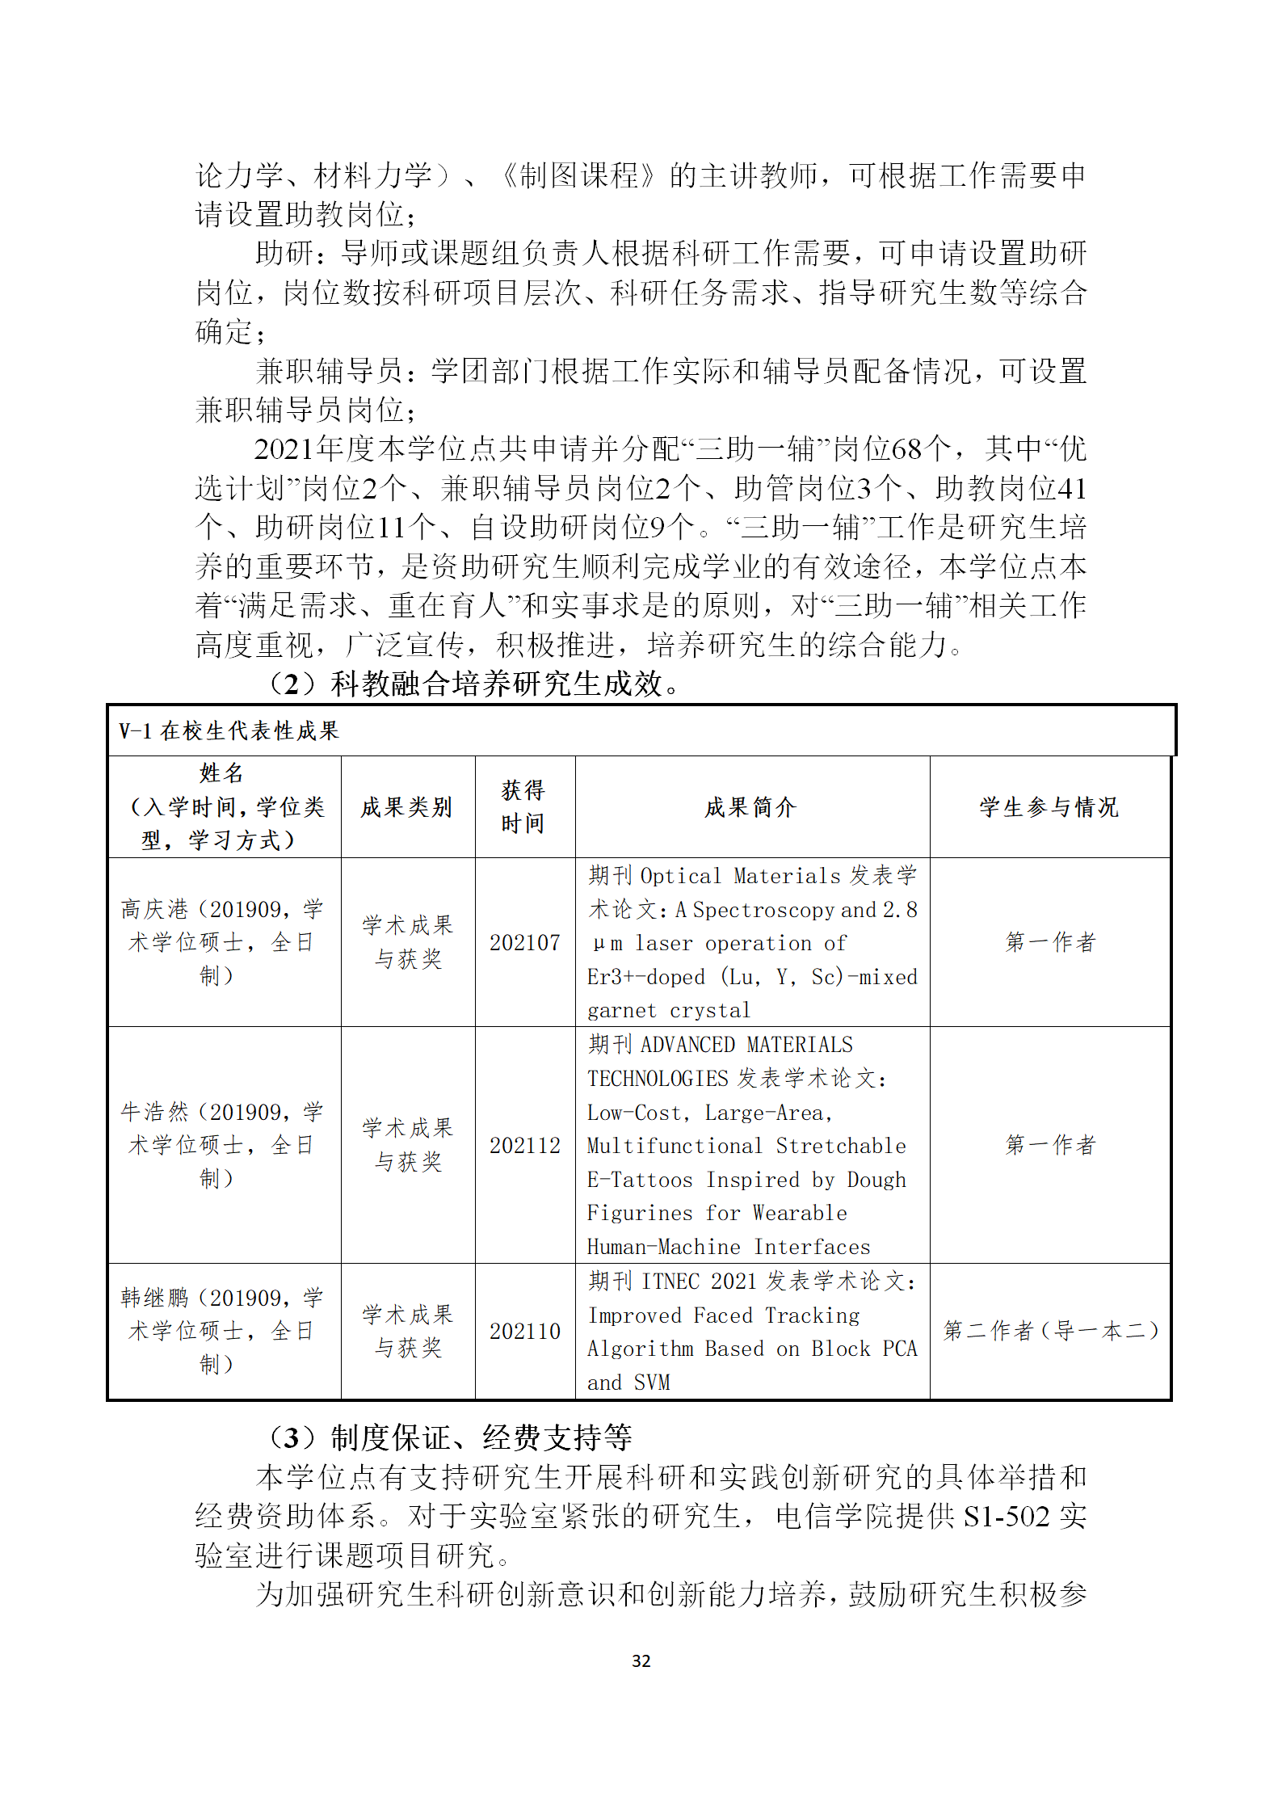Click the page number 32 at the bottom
641,1660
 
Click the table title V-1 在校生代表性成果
229,731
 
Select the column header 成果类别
406,807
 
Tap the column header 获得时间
523,806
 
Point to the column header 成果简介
751,807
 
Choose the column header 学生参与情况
1049,807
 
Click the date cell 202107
524,943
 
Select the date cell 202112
524,1146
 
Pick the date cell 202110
524,1332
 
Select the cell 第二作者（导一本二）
1050,1331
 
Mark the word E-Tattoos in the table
640,1180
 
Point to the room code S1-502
1006,1517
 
